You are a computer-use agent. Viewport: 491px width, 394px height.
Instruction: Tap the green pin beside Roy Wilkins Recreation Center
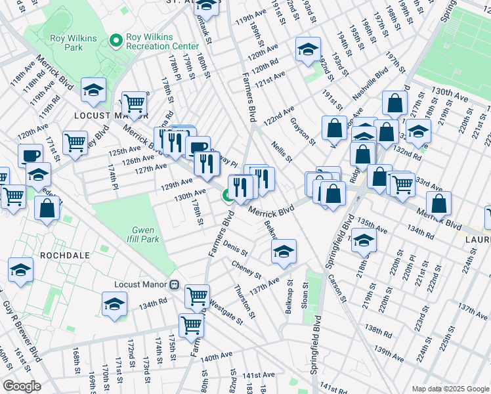pyautogui.click(x=117, y=41)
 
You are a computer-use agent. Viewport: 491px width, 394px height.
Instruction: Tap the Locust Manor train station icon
pyautogui.click(x=174, y=284)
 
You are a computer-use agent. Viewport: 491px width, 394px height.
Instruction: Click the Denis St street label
pyautogui.click(x=235, y=250)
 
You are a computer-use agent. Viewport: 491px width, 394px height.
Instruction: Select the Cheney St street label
pyautogui.click(x=246, y=268)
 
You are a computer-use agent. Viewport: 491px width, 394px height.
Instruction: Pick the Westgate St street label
pyautogui.click(x=225, y=311)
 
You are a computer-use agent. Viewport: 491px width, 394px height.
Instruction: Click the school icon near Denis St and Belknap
pyautogui.click(x=284, y=252)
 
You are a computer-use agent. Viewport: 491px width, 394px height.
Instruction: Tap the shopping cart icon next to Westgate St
pyautogui.click(x=197, y=296)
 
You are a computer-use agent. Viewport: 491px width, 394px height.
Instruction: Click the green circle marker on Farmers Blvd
pyautogui.click(x=228, y=195)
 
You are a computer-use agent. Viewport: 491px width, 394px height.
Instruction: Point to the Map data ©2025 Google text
pyautogui.click(x=450, y=389)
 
